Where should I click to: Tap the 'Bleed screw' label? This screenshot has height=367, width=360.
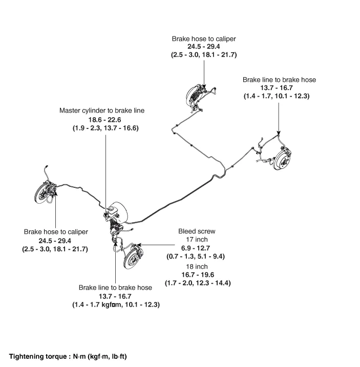point(194,231)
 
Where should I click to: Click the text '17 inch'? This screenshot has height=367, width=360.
point(194,239)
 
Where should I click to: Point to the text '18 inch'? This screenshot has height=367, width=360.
point(194,267)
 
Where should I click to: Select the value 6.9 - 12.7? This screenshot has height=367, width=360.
point(194,248)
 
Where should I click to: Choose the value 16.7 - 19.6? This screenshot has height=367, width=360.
point(194,275)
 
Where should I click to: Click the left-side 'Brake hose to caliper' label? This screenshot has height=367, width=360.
point(56,232)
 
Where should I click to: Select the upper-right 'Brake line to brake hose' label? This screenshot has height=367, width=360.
point(279,80)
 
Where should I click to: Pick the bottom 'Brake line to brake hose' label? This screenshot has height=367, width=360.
point(115,288)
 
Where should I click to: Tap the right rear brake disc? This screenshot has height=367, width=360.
point(281,159)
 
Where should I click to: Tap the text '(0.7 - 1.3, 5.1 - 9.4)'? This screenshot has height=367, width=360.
point(194,256)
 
